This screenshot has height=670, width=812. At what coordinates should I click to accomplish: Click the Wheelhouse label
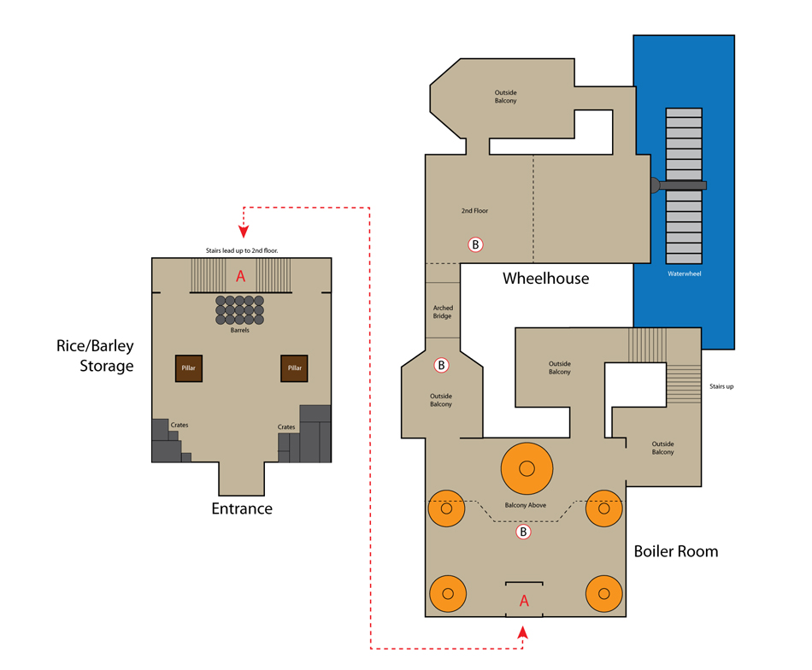pos(546,279)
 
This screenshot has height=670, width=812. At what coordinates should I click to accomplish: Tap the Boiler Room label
pos(676,551)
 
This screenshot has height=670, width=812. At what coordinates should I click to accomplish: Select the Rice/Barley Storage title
pos(95,356)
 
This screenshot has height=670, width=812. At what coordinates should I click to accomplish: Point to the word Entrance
pos(242,508)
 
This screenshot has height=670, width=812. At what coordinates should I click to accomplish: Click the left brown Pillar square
pos(189,368)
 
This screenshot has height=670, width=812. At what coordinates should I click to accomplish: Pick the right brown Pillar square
pos(294,368)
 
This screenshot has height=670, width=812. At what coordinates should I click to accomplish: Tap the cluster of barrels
pos(240,310)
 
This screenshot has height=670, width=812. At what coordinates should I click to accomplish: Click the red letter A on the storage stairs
pos(240,276)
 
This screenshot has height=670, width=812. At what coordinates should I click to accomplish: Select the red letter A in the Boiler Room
pos(524,601)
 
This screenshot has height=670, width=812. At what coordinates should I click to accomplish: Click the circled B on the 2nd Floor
pos(475,244)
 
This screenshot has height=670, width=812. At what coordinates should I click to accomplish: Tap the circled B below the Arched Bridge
pos(441,365)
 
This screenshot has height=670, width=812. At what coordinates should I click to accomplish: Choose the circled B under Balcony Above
pos(523,532)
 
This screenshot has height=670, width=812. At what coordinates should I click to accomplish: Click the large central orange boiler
pos(527,468)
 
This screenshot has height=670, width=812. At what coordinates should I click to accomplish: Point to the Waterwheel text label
pos(684,274)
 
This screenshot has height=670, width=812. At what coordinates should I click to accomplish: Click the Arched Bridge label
pos(443,312)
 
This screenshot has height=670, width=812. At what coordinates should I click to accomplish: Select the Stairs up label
pos(721,386)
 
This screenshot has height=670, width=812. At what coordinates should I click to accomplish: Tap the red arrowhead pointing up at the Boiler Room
pos(523,632)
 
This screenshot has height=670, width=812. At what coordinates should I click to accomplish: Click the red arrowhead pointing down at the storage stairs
pos(244,232)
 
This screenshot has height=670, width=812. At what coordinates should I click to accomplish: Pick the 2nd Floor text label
pos(474,211)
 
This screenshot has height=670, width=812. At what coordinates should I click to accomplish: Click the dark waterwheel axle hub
pos(655,185)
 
